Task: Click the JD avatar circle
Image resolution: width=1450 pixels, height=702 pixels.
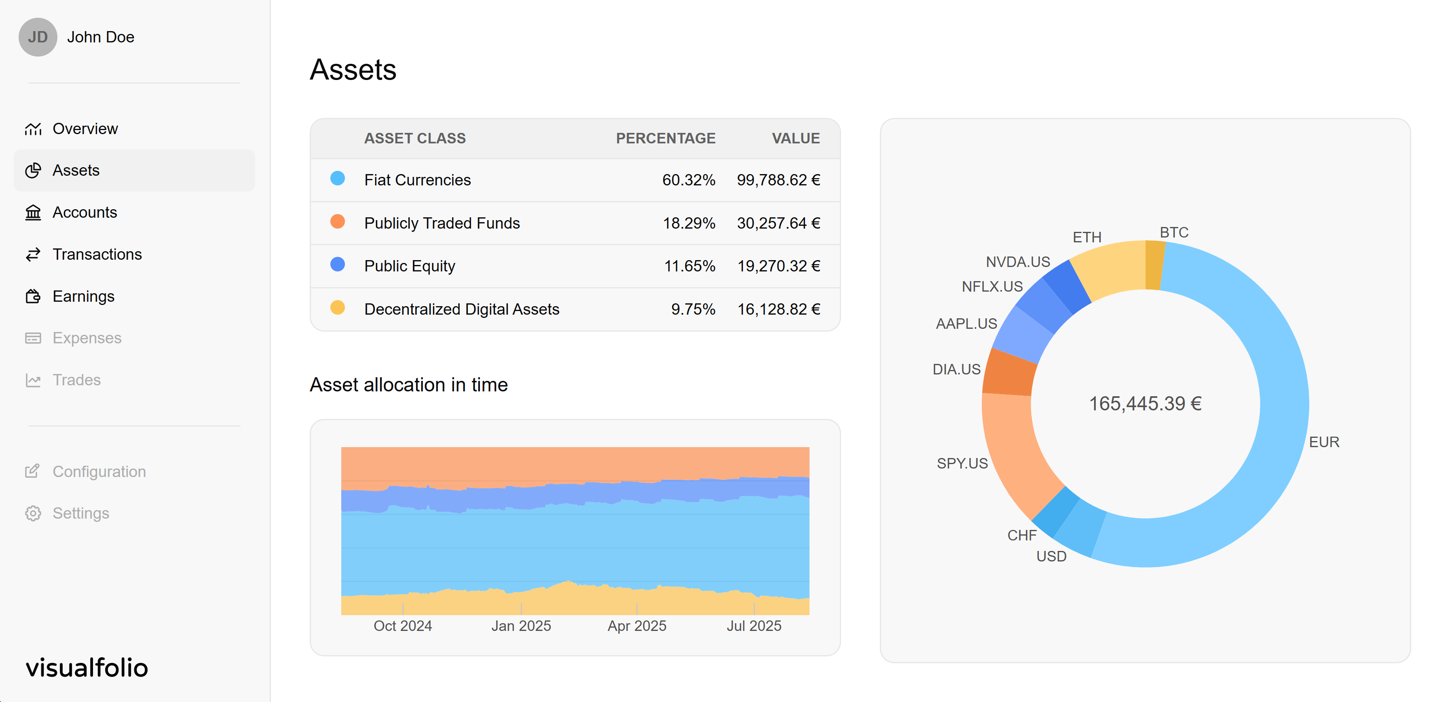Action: tap(38, 37)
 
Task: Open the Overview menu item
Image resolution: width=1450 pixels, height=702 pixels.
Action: tap(85, 129)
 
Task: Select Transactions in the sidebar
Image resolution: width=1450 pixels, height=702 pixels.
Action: tap(96, 254)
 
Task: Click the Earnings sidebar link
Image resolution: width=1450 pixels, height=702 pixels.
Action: tap(83, 296)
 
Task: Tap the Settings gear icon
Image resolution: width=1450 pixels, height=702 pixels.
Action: tap(33, 513)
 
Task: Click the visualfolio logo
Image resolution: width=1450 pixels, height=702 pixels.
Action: tap(87, 668)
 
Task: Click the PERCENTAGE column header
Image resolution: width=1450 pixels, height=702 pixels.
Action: tap(665, 139)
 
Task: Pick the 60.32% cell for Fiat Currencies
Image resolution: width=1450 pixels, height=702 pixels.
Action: tap(688, 180)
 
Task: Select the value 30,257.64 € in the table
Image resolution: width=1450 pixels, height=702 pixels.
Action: tap(778, 223)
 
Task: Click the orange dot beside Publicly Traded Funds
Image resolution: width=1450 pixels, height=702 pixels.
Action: tap(337, 222)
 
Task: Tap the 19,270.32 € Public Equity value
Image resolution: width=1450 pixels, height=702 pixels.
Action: tap(778, 266)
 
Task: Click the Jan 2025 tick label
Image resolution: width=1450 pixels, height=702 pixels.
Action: tap(521, 626)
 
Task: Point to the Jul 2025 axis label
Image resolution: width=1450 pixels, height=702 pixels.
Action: tap(753, 626)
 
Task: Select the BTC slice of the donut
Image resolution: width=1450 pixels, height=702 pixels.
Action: tap(1154, 265)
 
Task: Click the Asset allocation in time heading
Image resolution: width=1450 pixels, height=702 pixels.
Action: tap(409, 385)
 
